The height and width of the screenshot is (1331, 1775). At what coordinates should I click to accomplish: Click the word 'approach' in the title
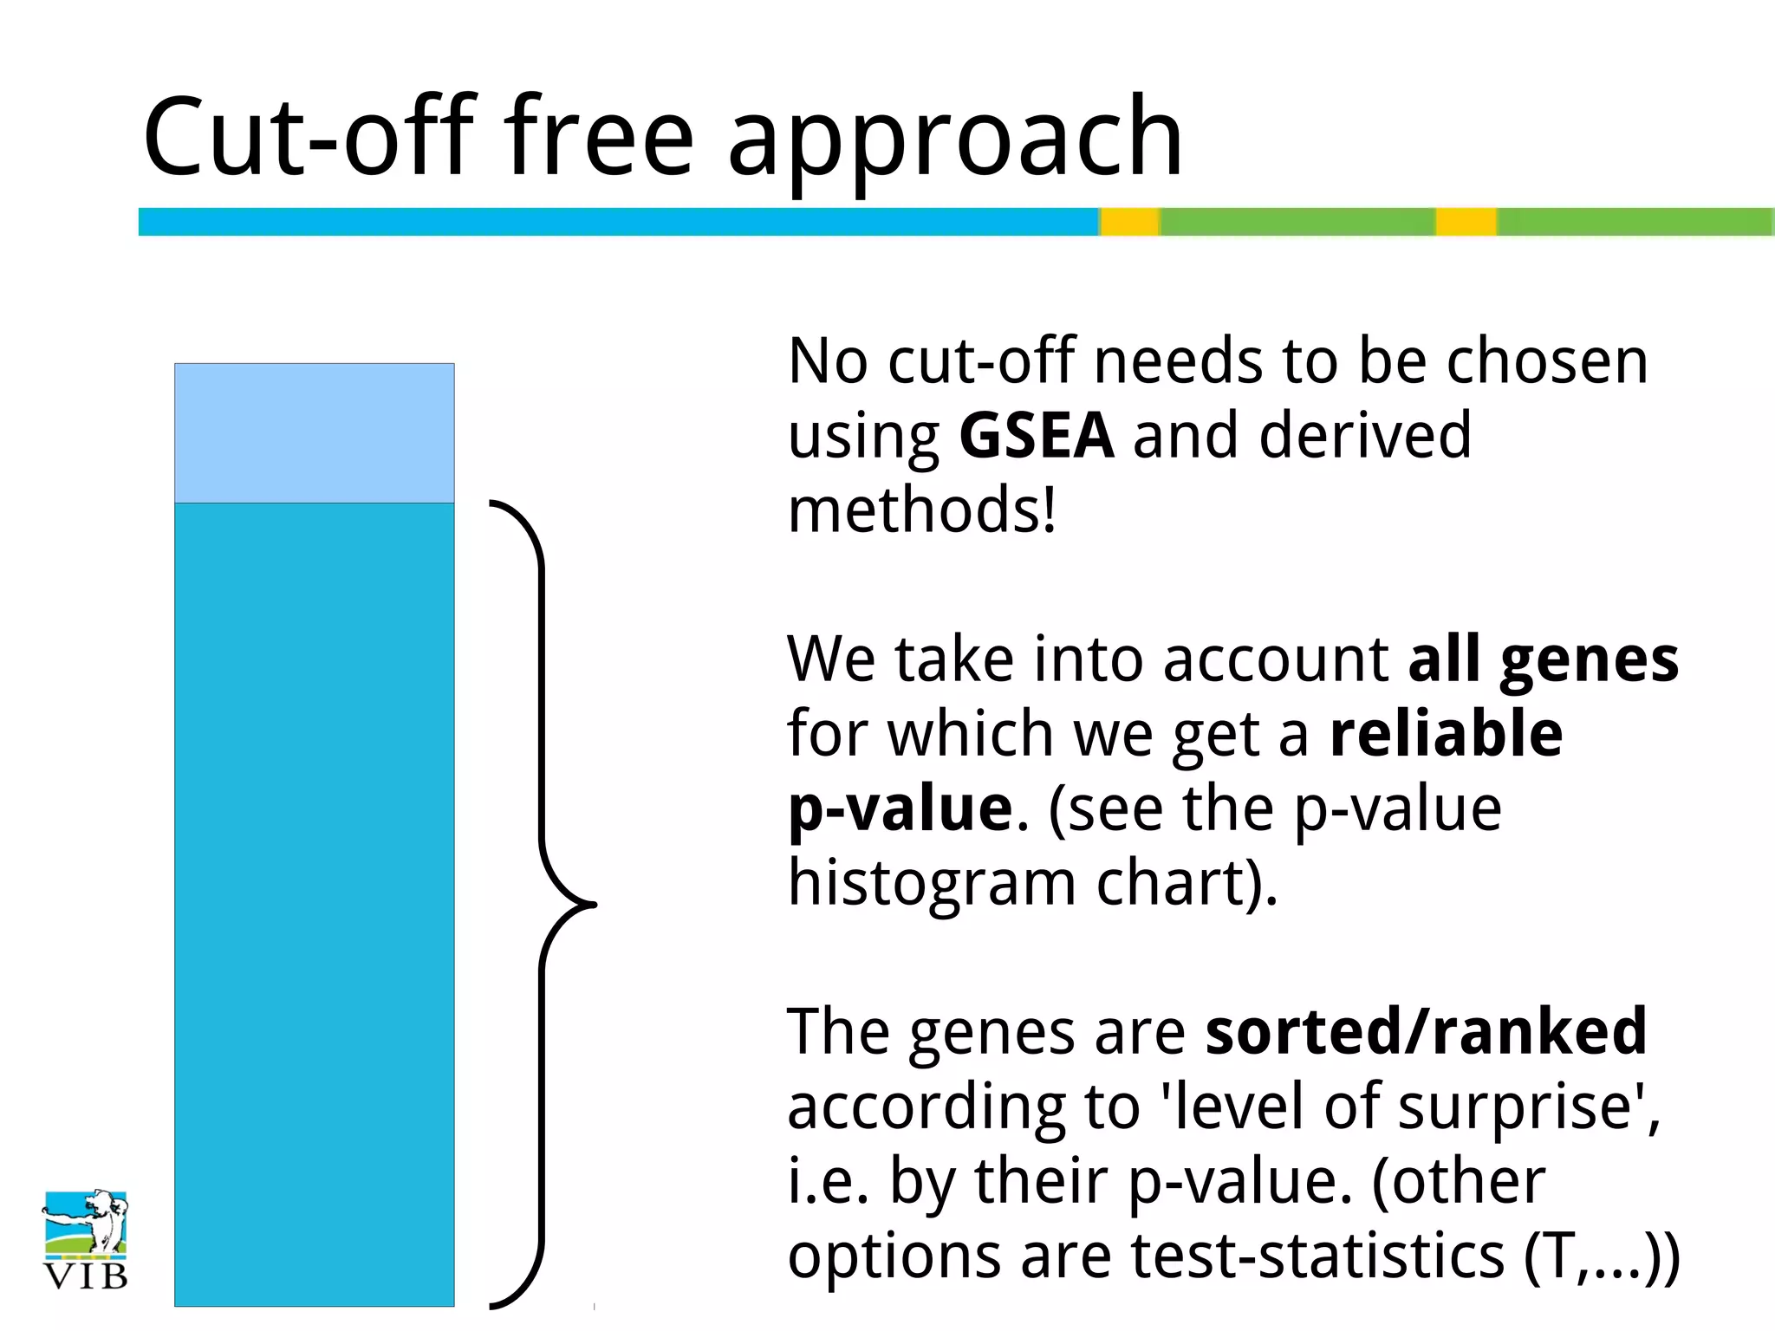(x=955, y=139)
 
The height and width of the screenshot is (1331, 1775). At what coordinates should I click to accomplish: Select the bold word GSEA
(x=1037, y=435)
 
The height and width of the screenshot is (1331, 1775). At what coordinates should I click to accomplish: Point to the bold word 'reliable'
(x=1446, y=733)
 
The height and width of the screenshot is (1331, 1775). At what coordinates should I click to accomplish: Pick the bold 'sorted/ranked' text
(x=1426, y=1031)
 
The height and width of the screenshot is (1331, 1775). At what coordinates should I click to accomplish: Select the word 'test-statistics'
(x=1317, y=1256)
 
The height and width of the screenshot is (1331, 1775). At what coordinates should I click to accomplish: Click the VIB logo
(x=85, y=1239)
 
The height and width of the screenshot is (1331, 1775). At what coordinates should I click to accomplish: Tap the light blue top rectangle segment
(x=315, y=433)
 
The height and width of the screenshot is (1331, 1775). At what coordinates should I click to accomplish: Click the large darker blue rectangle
(x=315, y=903)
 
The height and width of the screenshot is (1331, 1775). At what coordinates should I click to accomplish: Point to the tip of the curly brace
(x=594, y=905)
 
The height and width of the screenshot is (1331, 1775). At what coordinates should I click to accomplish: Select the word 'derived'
(x=1364, y=435)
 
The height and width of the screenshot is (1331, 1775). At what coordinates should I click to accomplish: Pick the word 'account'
(x=1275, y=659)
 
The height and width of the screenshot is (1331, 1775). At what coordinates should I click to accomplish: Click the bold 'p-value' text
(x=900, y=808)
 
